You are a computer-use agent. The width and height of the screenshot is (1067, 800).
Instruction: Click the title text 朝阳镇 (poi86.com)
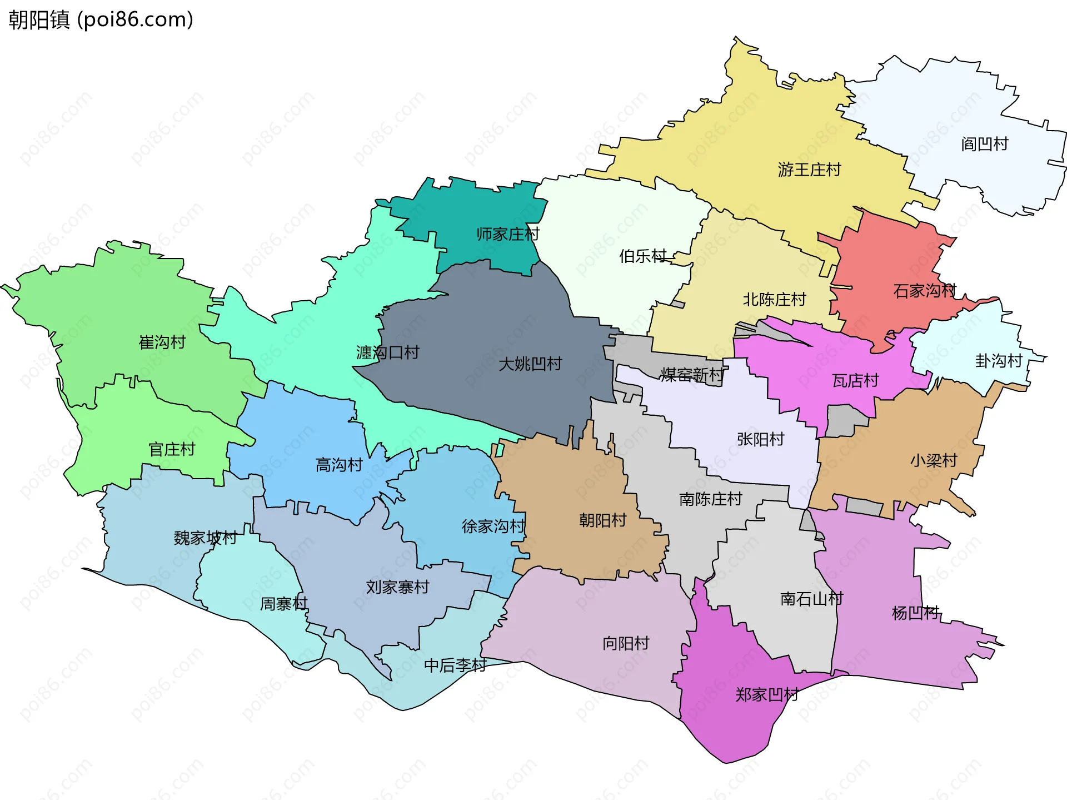[101, 19]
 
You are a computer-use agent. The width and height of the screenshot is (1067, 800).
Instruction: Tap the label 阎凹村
[984, 145]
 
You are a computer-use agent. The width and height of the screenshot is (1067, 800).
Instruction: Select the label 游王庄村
[809, 170]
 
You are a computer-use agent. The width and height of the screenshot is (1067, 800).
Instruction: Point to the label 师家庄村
[507, 234]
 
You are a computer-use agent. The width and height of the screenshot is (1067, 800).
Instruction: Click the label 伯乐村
[643, 256]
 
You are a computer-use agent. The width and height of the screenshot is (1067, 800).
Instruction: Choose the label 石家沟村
[924, 291]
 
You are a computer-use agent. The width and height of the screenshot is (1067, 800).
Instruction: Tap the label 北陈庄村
[774, 300]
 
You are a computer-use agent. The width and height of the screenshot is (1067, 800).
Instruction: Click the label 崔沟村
[162, 342]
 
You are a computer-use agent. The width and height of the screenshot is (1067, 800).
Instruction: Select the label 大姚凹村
[530, 364]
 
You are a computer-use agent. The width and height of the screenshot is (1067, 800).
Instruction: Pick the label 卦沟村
[999, 361]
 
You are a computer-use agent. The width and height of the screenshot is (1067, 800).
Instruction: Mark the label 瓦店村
[855, 381]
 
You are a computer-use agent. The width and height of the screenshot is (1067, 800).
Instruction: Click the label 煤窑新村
[692, 375]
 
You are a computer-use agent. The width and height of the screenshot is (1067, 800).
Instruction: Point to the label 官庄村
[172, 449]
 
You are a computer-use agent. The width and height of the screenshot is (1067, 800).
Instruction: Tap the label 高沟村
[339, 465]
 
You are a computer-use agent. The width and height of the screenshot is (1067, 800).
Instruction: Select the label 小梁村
[934, 460]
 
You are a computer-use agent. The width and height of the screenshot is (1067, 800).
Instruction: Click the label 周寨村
[283, 604]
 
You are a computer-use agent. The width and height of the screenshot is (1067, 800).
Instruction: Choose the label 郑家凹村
[767, 695]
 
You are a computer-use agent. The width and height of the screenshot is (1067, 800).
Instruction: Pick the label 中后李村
[455, 665]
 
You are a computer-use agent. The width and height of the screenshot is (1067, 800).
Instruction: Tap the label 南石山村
[811, 599]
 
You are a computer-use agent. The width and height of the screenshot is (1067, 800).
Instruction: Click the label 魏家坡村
[205, 538]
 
